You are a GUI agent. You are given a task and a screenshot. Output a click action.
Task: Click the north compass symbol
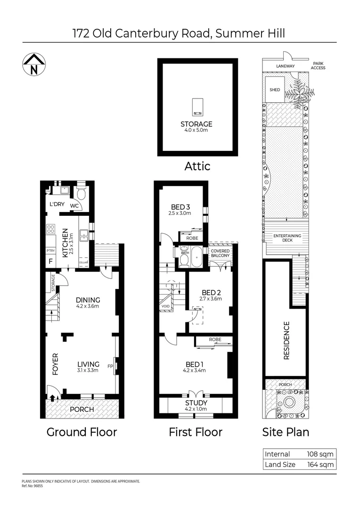tap(34, 64)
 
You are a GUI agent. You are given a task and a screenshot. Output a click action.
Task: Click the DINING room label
tap(88, 300)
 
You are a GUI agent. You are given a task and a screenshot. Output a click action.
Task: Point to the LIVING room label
tap(88, 364)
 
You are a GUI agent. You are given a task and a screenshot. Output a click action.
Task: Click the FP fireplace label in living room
tap(111, 366)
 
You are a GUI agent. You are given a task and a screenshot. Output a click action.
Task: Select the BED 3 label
tap(180, 206)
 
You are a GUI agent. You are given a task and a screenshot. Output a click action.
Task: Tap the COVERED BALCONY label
tap(220, 253)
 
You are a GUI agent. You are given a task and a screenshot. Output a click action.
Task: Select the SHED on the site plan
tap(275, 90)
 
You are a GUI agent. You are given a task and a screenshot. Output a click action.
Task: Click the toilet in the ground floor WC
tap(81, 194)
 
